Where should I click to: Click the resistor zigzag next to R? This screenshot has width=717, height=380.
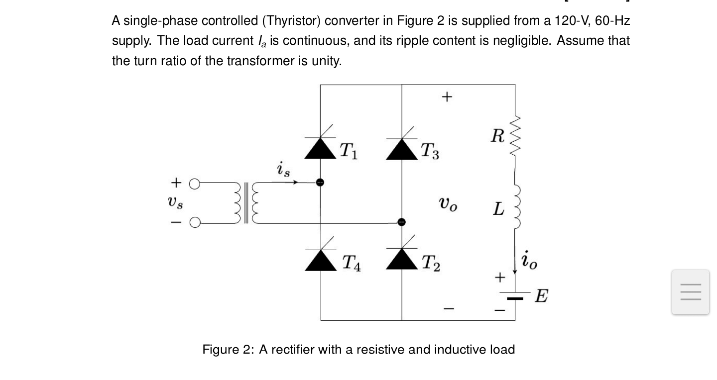click(x=516, y=134)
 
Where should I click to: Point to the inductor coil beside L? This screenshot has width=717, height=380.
click(x=516, y=206)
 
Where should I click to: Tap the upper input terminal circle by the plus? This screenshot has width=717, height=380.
click(x=195, y=183)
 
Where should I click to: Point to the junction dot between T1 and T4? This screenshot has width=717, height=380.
click(x=321, y=183)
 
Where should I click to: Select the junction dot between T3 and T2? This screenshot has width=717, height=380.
click(x=402, y=222)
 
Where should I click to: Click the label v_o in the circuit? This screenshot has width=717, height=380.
click(x=448, y=203)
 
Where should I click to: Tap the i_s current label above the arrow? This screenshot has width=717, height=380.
click(x=283, y=169)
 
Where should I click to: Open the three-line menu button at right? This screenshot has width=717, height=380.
click(x=690, y=292)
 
